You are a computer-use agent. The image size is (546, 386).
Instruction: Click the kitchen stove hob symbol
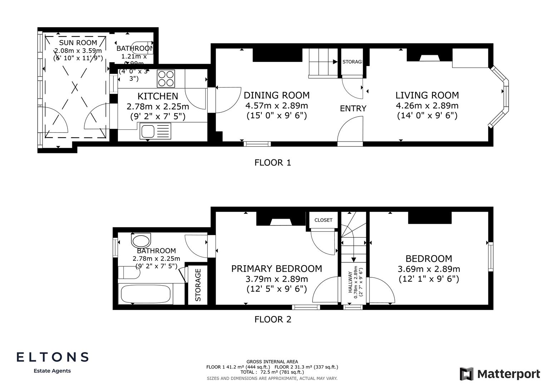click(166, 79)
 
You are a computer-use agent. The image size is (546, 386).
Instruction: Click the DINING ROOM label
click(276, 95)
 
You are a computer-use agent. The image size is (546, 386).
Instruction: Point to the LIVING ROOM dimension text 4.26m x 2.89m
click(427, 106)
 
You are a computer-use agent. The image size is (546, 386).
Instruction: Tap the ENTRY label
click(353, 109)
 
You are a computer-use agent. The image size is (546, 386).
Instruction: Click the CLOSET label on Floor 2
click(323, 220)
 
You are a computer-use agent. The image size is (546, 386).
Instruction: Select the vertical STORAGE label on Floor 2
click(198, 285)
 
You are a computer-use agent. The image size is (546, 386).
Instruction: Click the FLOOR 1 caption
click(273, 163)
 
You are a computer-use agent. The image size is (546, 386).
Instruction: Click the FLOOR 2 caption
click(273, 320)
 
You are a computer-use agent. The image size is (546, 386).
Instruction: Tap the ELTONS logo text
click(53, 357)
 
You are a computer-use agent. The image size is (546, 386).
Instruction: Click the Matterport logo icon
click(466, 374)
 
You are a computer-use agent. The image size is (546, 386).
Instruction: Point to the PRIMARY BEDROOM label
click(276, 269)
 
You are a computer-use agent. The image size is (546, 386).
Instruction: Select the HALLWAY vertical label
click(350, 282)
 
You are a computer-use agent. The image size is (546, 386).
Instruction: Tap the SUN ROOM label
click(78, 43)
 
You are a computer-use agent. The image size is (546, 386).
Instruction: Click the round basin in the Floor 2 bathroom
click(142, 241)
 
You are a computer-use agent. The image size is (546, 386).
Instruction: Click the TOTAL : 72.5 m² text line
click(272, 372)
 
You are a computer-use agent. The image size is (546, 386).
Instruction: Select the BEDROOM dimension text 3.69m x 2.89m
click(429, 269)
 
